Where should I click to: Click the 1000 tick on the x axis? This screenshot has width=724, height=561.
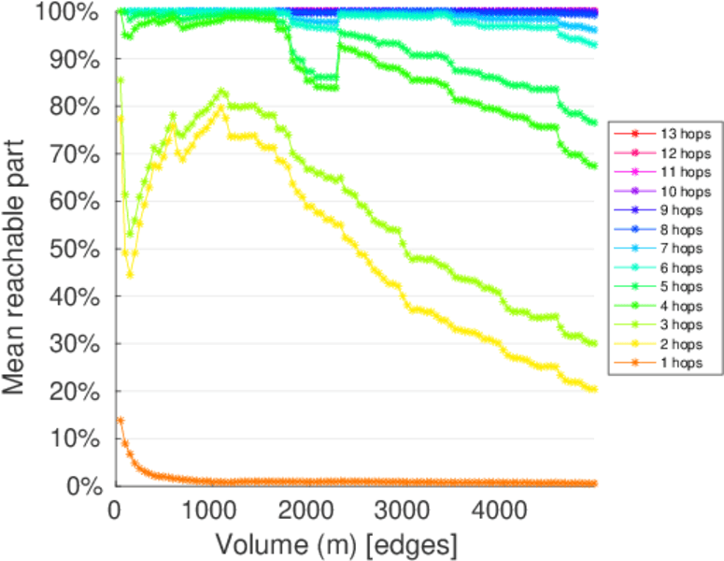[x=209, y=511]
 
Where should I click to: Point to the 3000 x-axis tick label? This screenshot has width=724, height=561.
[x=401, y=511]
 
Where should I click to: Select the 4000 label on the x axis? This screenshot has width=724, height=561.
[x=497, y=511]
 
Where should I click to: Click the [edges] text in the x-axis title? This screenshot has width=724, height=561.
[x=417, y=543]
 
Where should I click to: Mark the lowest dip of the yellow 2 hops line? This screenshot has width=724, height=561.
[x=130, y=274]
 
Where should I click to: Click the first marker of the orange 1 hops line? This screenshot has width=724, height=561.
[x=120, y=421]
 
